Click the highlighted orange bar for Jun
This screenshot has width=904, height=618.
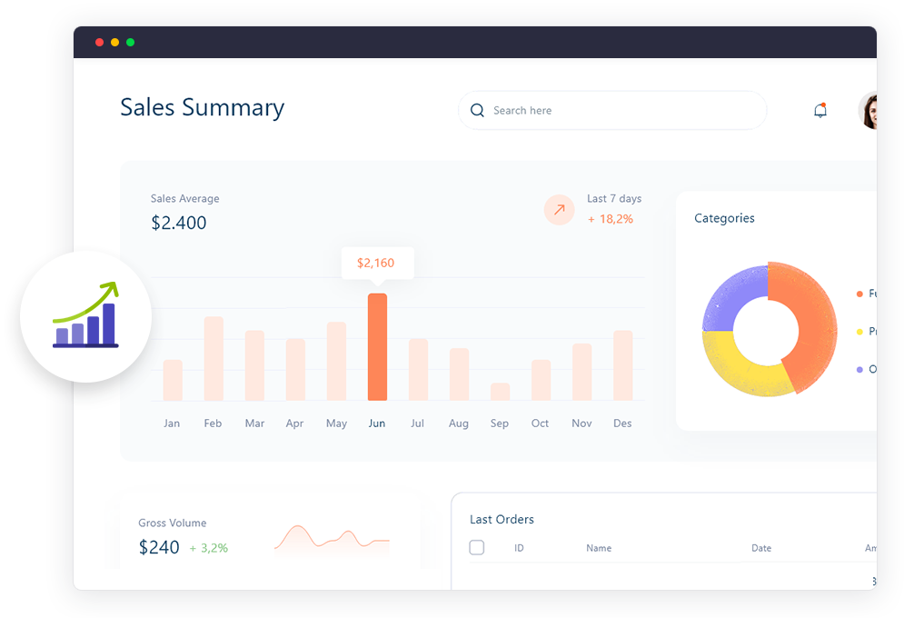377,346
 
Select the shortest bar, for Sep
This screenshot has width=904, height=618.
500,392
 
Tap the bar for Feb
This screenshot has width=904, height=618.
214,358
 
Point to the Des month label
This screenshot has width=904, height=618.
622,424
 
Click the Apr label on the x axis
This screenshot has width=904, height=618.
294,424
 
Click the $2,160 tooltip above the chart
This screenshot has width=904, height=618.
376,263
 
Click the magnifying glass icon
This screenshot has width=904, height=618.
477,111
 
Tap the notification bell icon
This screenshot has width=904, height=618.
820,111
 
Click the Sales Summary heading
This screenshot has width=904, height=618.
202,107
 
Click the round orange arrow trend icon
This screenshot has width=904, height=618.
559,210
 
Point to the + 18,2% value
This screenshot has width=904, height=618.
611,219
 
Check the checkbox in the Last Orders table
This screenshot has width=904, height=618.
477,548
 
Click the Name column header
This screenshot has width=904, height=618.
599,548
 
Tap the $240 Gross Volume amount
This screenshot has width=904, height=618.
159,547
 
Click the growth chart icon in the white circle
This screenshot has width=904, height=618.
85,316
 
